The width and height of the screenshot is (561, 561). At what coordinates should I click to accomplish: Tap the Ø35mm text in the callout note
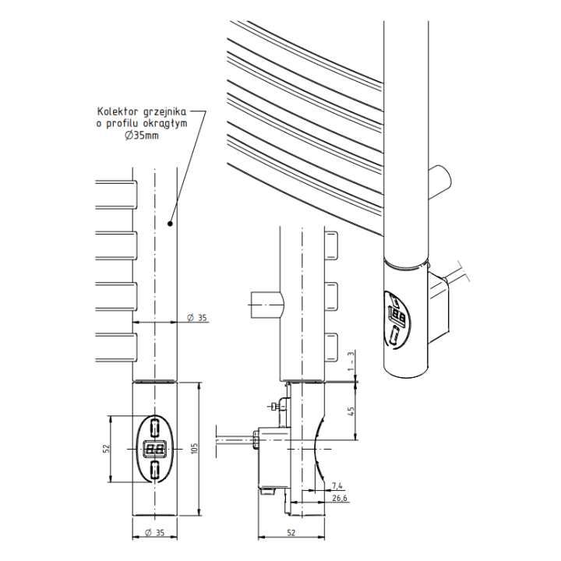tap(142, 136)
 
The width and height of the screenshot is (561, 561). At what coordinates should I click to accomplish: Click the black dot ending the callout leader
tap(171, 224)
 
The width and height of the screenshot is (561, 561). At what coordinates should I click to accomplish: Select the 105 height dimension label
tap(195, 449)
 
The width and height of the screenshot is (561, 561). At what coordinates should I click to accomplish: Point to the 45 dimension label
tap(351, 411)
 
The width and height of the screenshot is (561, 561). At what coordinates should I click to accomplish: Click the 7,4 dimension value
tap(337, 486)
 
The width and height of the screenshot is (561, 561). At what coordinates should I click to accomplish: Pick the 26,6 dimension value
tap(340, 498)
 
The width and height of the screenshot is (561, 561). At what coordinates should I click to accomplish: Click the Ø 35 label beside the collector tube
tap(197, 318)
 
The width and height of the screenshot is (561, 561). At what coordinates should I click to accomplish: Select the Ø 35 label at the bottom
tap(154, 533)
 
